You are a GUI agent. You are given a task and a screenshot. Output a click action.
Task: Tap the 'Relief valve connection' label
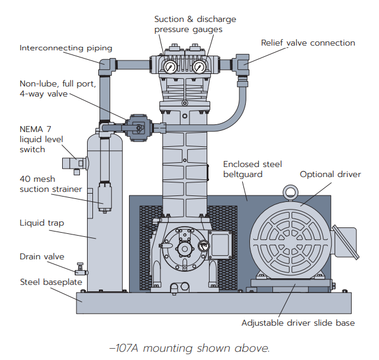(x=308, y=43)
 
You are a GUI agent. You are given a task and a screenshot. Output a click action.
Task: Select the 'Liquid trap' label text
(x=42, y=223)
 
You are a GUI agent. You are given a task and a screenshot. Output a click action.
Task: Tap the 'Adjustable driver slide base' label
(x=298, y=323)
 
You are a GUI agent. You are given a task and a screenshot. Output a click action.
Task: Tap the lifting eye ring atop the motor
(x=290, y=192)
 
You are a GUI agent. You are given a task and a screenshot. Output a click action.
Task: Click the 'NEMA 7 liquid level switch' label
(x=40, y=139)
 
